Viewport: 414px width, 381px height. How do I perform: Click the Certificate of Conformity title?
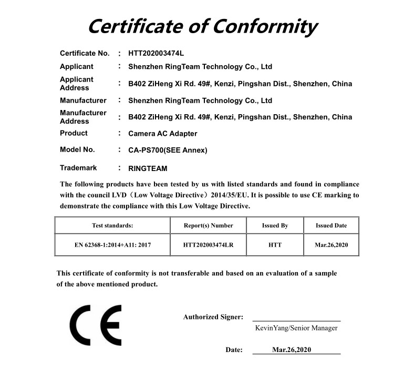point(202,25)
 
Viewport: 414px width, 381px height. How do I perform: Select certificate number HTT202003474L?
point(156,53)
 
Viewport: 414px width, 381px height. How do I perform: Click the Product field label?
point(74,133)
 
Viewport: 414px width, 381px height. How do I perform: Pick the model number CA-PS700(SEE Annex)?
point(168,150)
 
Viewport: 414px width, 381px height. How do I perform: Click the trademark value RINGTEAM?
point(148,169)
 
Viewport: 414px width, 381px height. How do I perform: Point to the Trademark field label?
point(78,168)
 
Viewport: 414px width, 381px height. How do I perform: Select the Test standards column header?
point(112,225)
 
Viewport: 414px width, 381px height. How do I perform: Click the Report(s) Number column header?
point(208,225)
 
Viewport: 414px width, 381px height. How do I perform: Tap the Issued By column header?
point(275,225)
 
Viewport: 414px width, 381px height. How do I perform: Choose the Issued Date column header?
point(331,225)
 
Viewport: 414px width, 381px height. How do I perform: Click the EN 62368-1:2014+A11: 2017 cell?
point(112,245)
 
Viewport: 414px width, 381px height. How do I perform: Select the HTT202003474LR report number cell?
point(208,245)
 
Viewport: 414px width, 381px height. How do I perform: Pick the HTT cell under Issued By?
point(275,245)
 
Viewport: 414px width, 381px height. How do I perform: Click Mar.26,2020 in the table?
point(331,245)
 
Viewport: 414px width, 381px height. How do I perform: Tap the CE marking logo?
point(96,324)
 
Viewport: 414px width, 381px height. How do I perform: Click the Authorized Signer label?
point(213,317)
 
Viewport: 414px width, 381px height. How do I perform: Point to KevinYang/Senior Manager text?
point(296,328)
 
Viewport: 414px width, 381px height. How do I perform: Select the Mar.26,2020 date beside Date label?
point(292,349)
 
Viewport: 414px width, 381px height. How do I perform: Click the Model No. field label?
point(77,149)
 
